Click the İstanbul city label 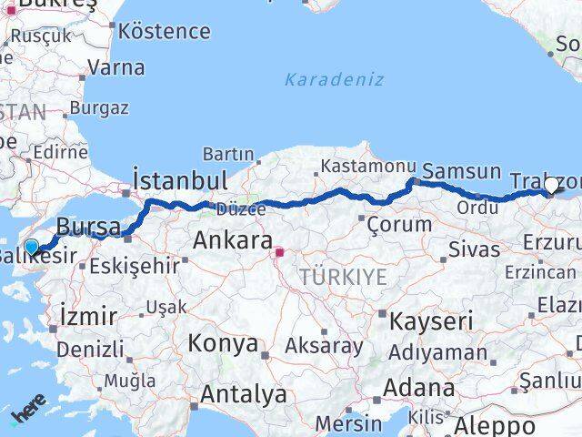point(179,178)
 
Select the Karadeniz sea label point(334,78)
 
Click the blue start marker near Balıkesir point(32,247)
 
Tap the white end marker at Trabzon point(551,185)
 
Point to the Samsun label point(462,171)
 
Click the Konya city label point(223,343)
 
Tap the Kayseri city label point(433,320)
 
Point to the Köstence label point(165,32)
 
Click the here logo point(28,415)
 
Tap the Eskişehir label point(134,267)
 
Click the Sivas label point(475,249)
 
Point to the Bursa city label point(88,225)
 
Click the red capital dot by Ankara point(280,252)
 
